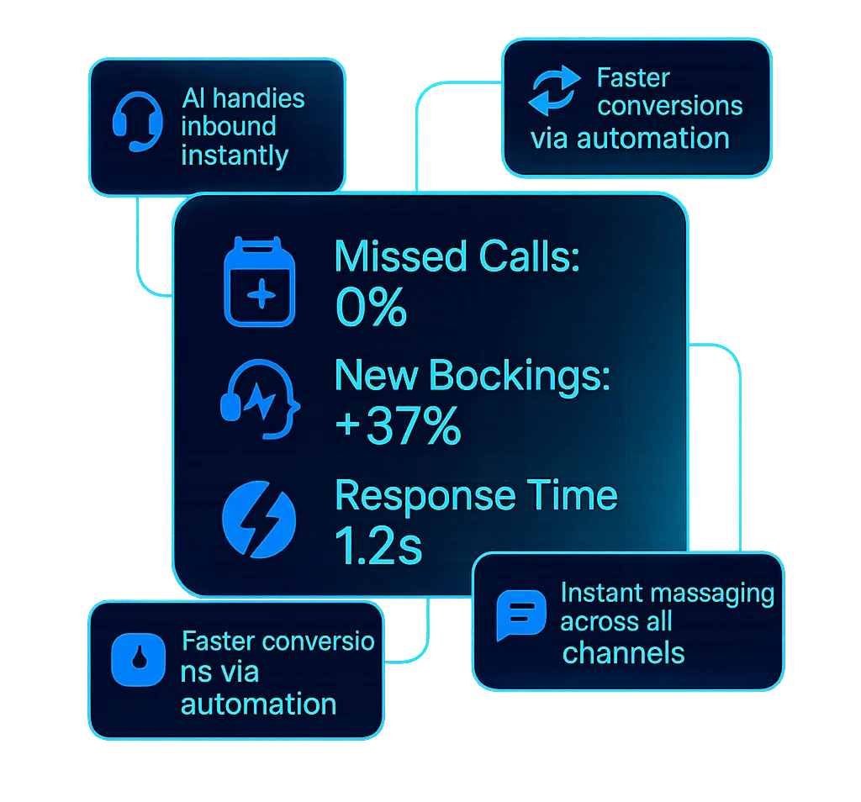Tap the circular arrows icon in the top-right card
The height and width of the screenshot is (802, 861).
[x=553, y=92]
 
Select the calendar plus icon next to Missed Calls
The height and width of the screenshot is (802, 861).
[x=260, y=282]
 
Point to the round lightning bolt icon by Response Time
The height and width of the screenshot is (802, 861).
[x=259, y=520]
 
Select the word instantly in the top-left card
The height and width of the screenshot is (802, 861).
[x=235, y=156]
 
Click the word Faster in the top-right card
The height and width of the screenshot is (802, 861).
[x=633, y=78]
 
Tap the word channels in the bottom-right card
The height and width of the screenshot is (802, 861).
[x=623, y=652]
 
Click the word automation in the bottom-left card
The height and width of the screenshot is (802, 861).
[x=258, y=703]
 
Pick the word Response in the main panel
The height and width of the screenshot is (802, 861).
[x=423, y=496]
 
